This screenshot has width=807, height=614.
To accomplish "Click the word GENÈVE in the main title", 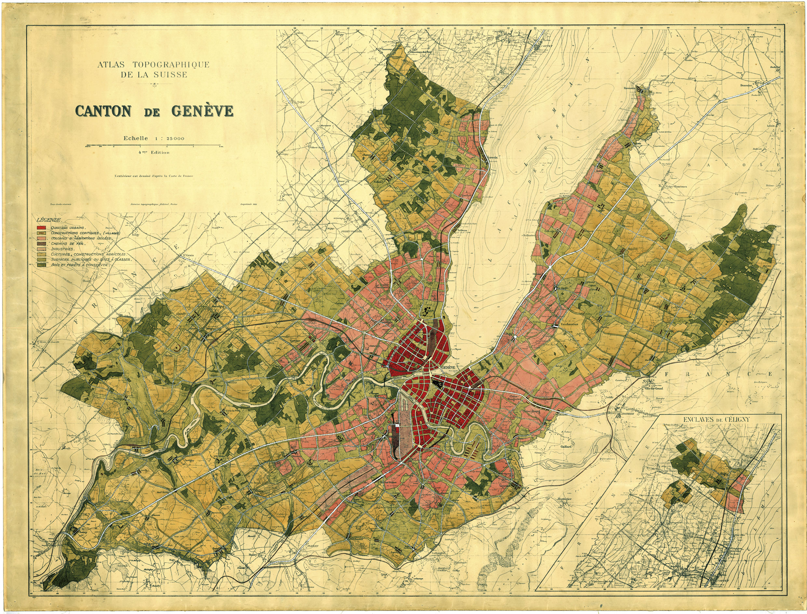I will pos(202,111).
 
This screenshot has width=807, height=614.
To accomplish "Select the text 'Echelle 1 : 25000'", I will pos(154,139).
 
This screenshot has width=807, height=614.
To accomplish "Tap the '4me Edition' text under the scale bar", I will pos(154,153).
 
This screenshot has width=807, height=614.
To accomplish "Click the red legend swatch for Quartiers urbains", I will pos(41,228).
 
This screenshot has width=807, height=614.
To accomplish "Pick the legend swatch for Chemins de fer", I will pos(41,243).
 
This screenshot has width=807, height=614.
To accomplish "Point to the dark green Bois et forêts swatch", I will pos(41,265).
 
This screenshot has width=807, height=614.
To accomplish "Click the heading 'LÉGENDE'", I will pos(49,220).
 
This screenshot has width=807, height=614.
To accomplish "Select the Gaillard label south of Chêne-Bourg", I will pos(565,447).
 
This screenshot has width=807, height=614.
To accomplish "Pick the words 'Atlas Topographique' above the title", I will pos(153,65).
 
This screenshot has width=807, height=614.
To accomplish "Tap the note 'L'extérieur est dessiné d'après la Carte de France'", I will pos(154,176).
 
